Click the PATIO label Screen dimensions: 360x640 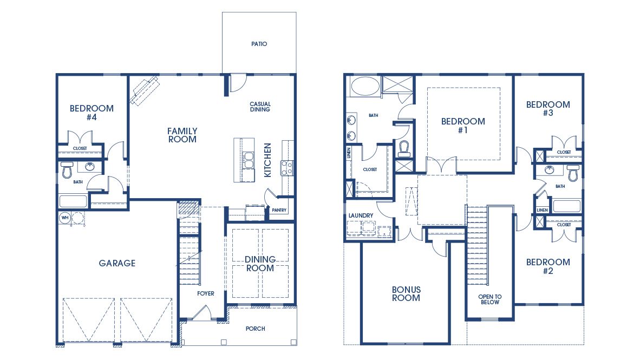(259, 44)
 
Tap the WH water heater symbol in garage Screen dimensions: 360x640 (65, 218)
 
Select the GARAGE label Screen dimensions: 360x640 (117, 264)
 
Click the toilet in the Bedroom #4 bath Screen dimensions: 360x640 (67, 170)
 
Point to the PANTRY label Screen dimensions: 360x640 (279, 211)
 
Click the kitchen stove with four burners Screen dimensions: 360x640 (286, 168)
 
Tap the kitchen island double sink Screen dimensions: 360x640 (249, 161)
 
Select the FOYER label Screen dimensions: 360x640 (206, 294)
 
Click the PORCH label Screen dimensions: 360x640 (255, 329)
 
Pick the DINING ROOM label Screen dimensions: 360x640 (260, 264)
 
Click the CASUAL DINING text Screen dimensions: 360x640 (260, 107)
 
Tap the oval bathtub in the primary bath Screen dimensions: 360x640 (365, 86)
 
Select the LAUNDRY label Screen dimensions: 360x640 (361, 215)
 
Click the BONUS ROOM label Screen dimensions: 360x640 (406, 293)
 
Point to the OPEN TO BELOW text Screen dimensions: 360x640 (489, 299)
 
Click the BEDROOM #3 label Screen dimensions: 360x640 (548, 109)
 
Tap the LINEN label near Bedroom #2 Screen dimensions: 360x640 (542, 210)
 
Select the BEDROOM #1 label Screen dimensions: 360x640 (463, 126)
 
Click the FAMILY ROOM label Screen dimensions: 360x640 (182, 135)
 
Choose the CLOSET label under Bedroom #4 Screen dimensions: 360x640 (81, 148)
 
